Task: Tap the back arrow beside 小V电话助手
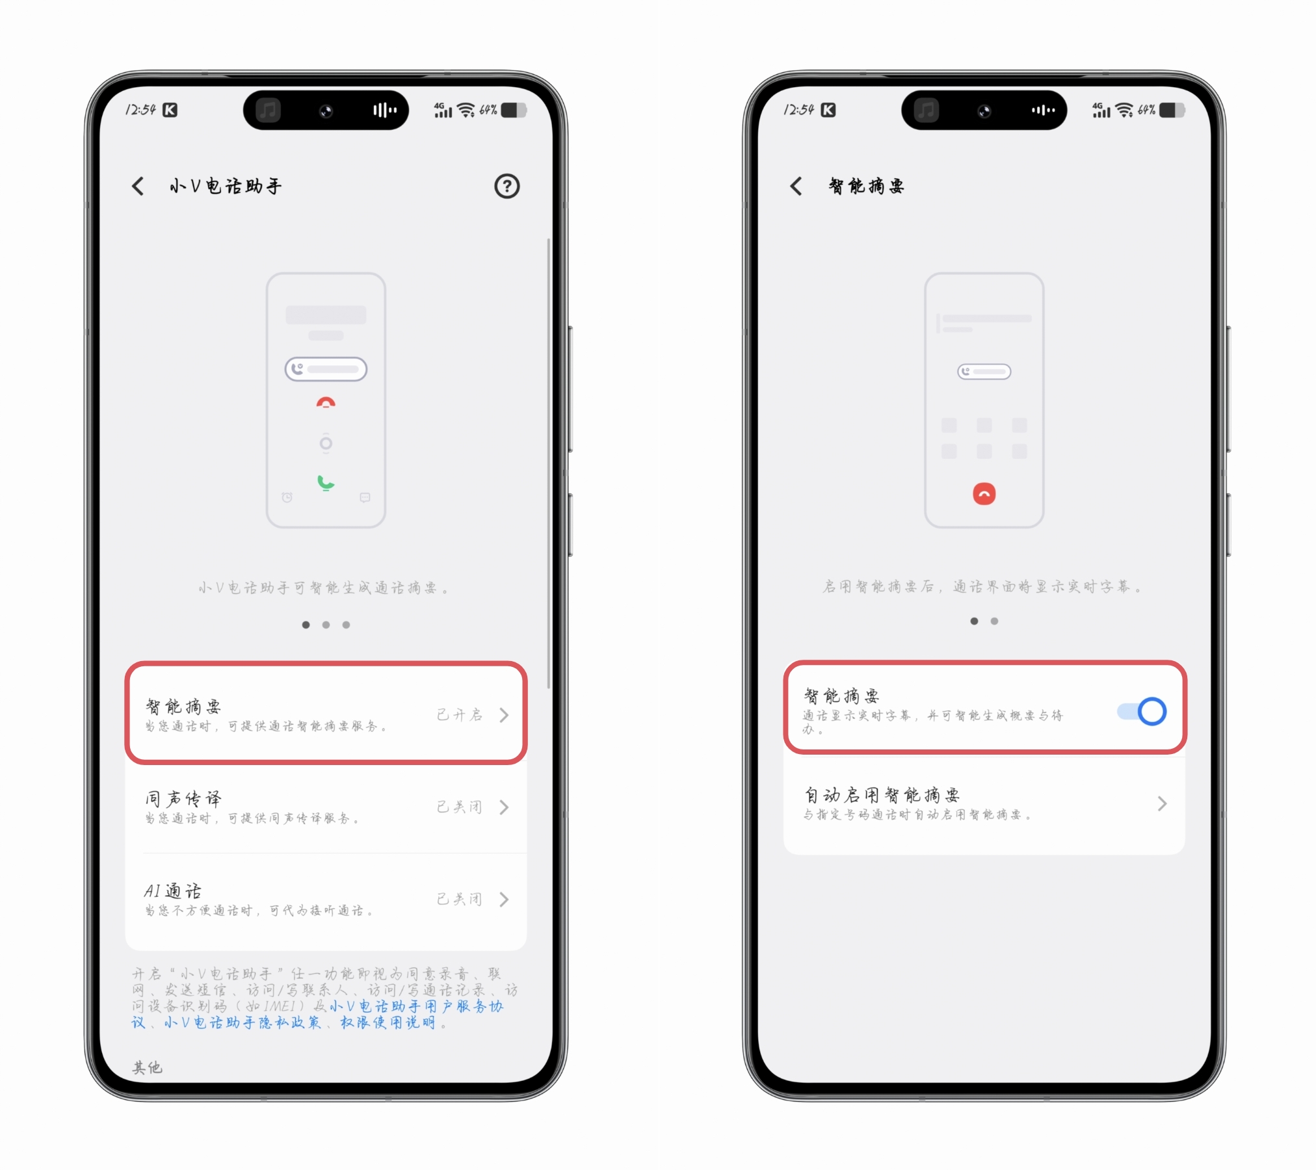[x=138, y=187]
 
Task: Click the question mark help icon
[x=507, y=187]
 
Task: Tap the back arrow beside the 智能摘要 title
[x=796, y=187]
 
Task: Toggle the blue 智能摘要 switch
[x=1142, y=711]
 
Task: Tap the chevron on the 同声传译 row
[x=504, y=807]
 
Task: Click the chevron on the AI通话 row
[x=504, y=900]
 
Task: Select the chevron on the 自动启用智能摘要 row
[x=1162, y=804]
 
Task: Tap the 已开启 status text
[x=460, y=715]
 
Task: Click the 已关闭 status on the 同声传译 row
[x=460, y=807]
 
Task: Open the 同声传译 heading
[x=183, y=798]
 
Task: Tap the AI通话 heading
[x=173, y=890]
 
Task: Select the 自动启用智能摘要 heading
[x=882, y=795]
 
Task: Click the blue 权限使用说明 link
[x=388, y=1022]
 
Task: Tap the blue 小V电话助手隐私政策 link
[x=243, y=1022]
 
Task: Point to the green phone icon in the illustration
[x=325, y=482]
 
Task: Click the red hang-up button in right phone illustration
[x=984, y=494]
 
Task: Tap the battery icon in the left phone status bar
[x=514, y=110]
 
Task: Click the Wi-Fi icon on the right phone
[x=1124, y=110]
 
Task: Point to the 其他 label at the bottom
[x=148, y=1067]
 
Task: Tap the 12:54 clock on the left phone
[x=140, y=110]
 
